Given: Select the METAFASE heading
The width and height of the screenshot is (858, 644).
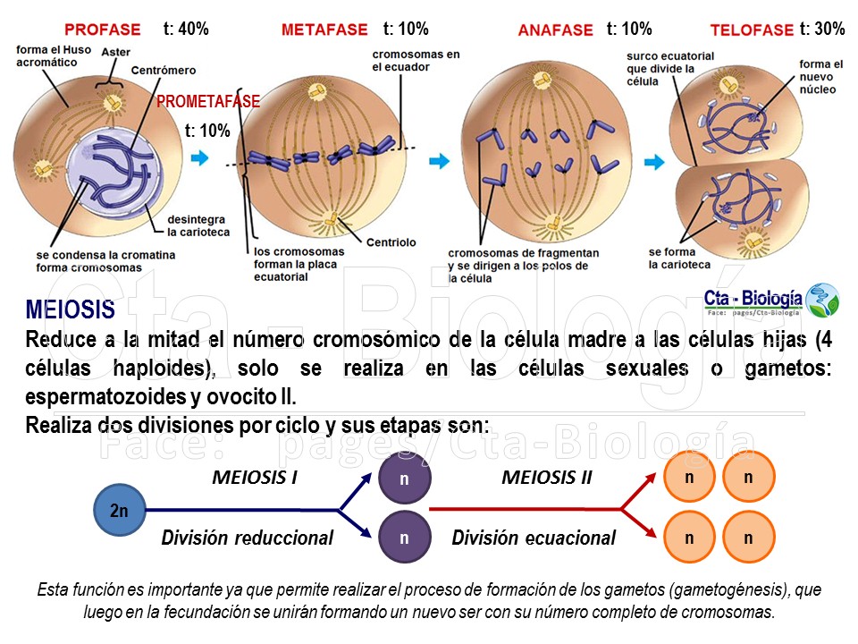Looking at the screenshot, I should coord(324,30).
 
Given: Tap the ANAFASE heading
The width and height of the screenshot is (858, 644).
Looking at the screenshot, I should coord(555,30).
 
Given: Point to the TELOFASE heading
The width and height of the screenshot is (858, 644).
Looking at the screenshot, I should coord(752,30).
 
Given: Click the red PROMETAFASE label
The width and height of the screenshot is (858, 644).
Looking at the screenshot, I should coord(208,102).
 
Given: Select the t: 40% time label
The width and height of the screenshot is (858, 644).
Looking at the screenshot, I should coord(186,29).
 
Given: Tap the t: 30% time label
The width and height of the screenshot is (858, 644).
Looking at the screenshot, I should coord(822,29).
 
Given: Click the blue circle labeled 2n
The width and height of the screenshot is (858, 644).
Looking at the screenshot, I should coord(119,512).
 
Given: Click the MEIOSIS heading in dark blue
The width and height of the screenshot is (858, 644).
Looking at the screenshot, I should coord(71,311).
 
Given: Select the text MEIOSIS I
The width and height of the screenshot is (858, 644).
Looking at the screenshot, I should coord(255,478).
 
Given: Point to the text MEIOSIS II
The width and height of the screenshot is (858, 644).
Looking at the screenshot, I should coord(547,478).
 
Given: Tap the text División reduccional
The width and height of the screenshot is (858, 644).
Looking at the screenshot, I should coord(247,538).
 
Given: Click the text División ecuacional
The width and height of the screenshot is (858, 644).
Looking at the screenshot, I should coord(534,538).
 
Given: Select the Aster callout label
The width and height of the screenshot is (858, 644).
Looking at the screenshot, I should coord(115,53).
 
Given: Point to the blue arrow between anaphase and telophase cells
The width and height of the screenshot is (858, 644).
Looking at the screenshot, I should coord(655,162).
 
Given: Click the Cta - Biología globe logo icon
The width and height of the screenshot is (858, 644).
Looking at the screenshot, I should coord(821,300).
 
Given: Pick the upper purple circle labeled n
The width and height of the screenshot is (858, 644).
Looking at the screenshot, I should coord(404,479).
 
